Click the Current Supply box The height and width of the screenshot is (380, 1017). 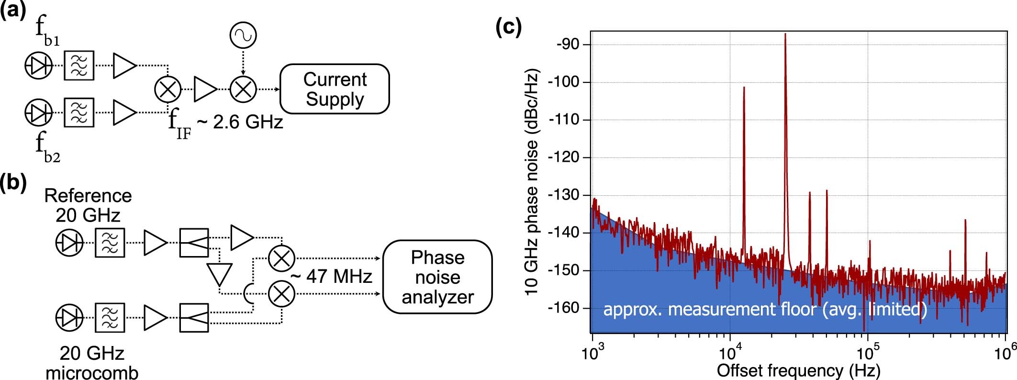coord(334,89)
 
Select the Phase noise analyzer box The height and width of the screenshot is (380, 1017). coord(437,277)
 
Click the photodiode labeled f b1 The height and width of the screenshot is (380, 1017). coord(39,66)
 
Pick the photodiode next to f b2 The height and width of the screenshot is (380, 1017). coord(39,112)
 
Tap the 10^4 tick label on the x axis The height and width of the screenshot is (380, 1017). coord(730,354)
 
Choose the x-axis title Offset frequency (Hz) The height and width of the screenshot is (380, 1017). coord(798,370)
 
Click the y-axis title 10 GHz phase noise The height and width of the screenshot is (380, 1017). coord(532,182)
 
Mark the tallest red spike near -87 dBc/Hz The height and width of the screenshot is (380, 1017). coord(785,35)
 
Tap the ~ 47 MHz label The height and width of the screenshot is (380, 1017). coord(331,276)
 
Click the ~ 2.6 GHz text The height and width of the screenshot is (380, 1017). coord(240,123)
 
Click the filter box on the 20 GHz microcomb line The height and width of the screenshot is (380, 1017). coord(110,317)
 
